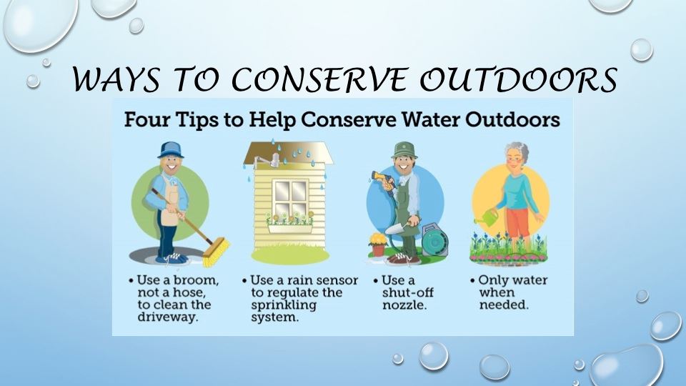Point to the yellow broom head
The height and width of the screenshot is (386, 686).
216,252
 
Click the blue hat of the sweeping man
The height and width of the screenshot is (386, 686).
171,150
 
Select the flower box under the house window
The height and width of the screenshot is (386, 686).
290,229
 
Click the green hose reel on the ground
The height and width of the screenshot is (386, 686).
434,240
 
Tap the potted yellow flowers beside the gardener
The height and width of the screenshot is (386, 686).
377,245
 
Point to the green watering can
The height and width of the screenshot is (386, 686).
487,217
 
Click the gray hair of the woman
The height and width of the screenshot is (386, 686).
517,150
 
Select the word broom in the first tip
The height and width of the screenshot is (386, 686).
196,280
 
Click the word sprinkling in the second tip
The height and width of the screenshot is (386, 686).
284,305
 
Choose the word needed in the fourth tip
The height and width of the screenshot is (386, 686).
504,305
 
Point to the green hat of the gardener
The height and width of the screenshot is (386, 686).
404,149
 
